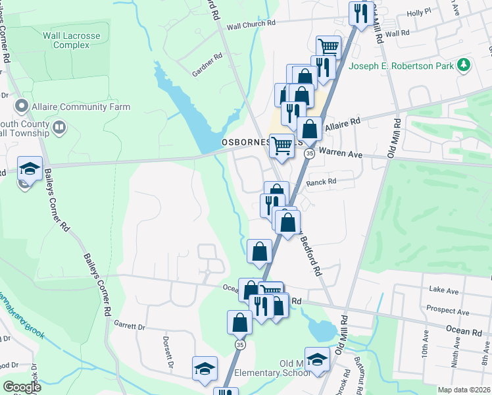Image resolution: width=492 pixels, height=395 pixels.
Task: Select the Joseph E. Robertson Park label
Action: pyautogui.click(x=403, y=66)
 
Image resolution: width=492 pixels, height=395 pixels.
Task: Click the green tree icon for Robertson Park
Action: pyautogui.click(x=464, y=65)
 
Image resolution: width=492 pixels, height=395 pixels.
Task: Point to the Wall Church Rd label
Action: pyautogui.click(x=251, y=24)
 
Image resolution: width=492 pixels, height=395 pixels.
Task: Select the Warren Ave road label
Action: pyautogui.click(x=341, y=153)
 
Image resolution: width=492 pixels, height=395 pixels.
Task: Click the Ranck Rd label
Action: pyautogui.click(x=321, y=182)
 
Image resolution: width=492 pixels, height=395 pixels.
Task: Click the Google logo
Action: pyautogui.click(x=22, y=387)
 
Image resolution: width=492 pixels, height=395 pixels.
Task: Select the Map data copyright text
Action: pyautogui.click(x=464, y=390)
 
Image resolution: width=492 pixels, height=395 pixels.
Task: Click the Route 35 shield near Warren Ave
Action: pyautogui.click(x=309, y=153)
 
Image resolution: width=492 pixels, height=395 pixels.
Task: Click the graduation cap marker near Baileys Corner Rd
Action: pyautogui.click(x=30, y=167)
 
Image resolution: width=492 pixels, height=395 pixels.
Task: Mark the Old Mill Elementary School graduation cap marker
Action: pyautogui.click(x=317, y=359)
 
